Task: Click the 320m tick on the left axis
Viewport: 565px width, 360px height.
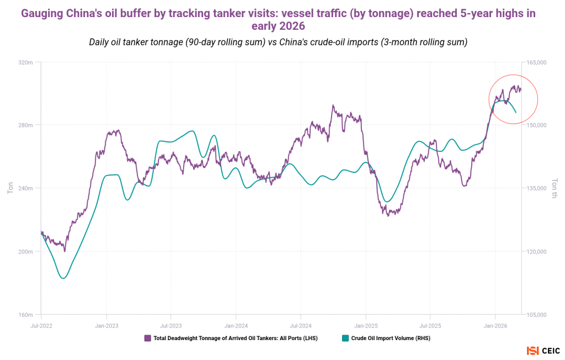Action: pyautogui.click(x=26, y=62)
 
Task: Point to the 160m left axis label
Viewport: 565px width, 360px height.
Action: pyautogui.click(x=26, y=315)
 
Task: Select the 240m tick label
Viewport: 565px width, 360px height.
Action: pyautogui.click(x=26, y=188)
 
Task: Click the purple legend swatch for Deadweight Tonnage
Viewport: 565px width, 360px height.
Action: pyautogui.click(x=147, y=338)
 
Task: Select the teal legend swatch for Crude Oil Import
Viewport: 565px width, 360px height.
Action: pyautogui.click(x=345, y=338)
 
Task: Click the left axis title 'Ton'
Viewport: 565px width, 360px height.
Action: pyautogui.click(x=10, y=188)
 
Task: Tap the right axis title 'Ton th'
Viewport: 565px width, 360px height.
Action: pyautogui.click(x=555, y=188)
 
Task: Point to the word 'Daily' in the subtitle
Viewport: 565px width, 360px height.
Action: pyautogui.click(x=101, y=43)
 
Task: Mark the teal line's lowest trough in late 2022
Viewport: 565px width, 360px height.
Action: pyautogui.click(x=63, y=278)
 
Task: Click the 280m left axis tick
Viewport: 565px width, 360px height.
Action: pyautogui.click(x=26, y=125)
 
